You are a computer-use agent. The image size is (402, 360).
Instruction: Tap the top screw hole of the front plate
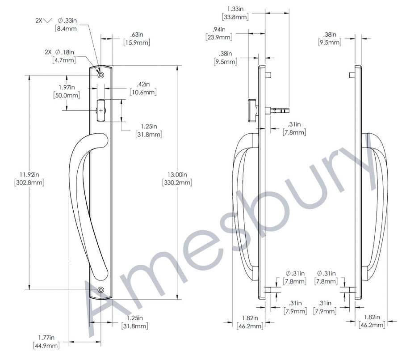[x=101, y=75]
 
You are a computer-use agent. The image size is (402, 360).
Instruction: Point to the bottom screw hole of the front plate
[x=101, y=290]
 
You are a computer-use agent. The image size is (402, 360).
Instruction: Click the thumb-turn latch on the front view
[x=100, y=110]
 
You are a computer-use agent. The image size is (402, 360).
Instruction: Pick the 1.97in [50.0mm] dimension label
[x=67, y=91]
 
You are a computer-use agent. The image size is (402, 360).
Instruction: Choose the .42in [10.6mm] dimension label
[x=143, y=88]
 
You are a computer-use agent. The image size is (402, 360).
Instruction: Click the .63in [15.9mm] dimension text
[x=137, y=38]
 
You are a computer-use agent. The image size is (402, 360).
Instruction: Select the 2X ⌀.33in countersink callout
[x=57, y=25]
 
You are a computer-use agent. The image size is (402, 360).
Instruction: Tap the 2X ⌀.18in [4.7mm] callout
[x=60, y=56]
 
